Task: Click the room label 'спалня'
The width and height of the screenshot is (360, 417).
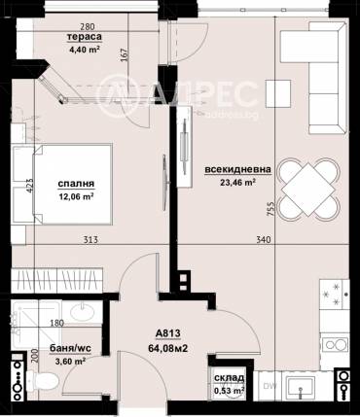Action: pos(76,184)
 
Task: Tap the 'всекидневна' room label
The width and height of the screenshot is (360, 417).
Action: pos(237,169)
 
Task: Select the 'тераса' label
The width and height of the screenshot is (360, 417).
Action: pos(85,37)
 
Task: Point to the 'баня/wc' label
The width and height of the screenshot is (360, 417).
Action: pos(70,348)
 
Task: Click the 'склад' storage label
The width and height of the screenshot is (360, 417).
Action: pos(229,378)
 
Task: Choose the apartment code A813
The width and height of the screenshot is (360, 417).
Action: pos(167,333)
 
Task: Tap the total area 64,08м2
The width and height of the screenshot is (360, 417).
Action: pos(168,348)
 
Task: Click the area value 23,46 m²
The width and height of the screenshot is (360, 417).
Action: pos(237,183)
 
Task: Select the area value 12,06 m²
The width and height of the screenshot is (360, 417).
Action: pos(76,196)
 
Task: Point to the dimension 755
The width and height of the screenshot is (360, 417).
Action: pos(271,209)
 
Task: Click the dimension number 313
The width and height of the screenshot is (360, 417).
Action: pos(90,240)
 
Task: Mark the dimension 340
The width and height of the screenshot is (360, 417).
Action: pos(263,240)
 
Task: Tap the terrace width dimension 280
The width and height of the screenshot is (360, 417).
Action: pos(88,27)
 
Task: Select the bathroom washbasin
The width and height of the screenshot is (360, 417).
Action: pos(83,312)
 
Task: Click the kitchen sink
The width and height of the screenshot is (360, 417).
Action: pos(301,387)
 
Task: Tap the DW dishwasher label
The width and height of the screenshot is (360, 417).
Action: pos(268,386)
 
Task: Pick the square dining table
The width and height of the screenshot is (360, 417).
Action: pos(308,190)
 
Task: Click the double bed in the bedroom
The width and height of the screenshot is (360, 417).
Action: pos(62,185)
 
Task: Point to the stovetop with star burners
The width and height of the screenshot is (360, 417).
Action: pos(335,295)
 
